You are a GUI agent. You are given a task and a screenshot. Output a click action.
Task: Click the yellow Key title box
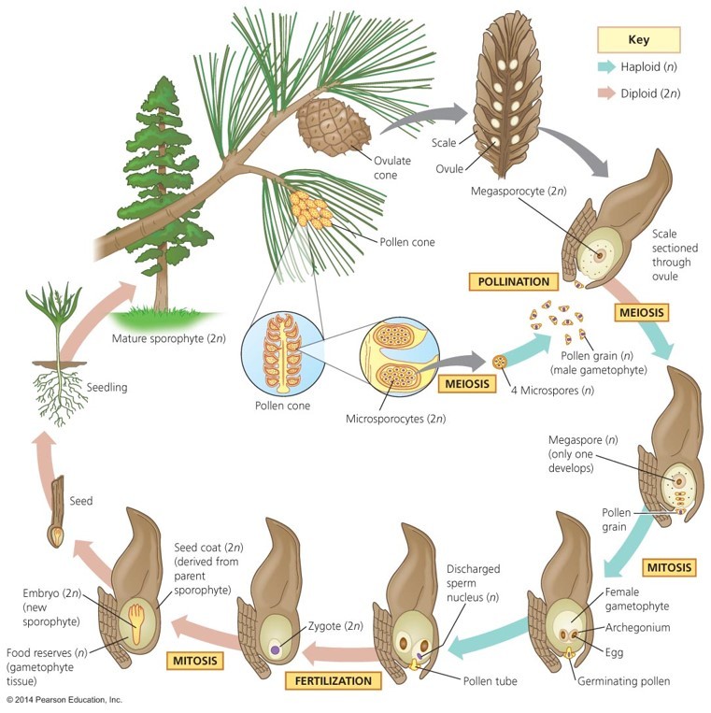(639, 40)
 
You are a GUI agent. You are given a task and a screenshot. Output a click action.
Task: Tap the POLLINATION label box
(513, 281)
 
